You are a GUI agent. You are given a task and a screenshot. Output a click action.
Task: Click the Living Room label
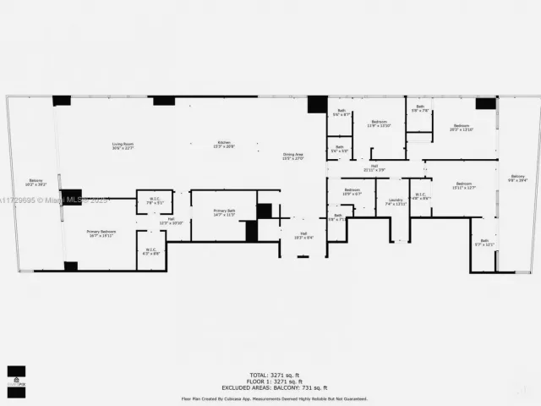(123, 145)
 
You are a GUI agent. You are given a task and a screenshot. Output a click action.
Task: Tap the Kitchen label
(224, 144)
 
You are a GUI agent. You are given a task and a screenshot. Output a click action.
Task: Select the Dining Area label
(292, 156)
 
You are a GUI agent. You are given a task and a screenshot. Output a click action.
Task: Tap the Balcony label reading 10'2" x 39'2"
(36, 182)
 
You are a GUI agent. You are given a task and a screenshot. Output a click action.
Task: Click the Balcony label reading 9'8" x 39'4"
(516, 178)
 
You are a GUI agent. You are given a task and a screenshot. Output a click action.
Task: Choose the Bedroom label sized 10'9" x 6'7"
(352, 191)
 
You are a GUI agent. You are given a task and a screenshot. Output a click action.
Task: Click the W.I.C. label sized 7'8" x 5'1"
(154, 201)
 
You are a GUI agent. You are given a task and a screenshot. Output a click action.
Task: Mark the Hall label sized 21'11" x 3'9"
(374, 167)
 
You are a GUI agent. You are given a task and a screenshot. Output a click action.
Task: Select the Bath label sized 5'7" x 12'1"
(484, 243)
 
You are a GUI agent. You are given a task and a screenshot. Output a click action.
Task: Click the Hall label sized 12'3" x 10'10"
(171, 221)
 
